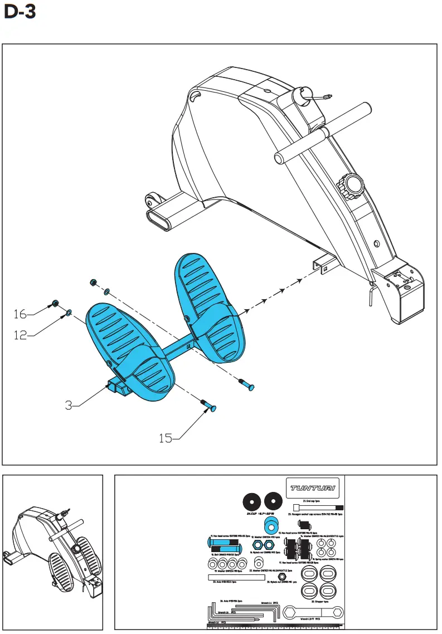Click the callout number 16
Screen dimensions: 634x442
[20, 315]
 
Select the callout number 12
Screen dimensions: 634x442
[20, 335]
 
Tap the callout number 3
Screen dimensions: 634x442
[69, 405]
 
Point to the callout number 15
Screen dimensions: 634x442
[166, 438]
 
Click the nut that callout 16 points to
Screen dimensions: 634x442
[56, 304]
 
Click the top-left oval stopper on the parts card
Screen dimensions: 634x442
[309, 574]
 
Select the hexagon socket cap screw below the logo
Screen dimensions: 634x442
[319, 508]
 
